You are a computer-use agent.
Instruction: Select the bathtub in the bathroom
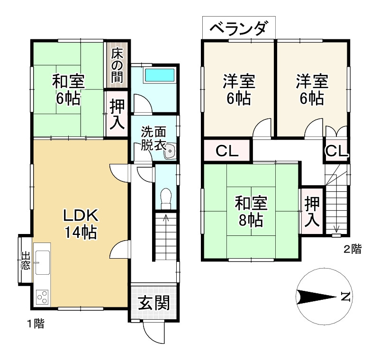pos(159,75)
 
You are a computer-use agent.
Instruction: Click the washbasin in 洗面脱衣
pos(170,152)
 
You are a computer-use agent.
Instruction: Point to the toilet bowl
pos(166,197)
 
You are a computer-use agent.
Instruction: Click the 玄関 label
pos(154,302)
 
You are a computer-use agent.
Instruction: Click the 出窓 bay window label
pos(25,261)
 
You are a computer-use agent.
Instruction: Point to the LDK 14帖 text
pos(81,224)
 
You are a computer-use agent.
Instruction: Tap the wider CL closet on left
pos(226,151)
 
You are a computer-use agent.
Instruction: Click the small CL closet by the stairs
pos(337,151)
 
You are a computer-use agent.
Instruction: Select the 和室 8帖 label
pos(252,211)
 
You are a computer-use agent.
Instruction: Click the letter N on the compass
pos(345,297)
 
